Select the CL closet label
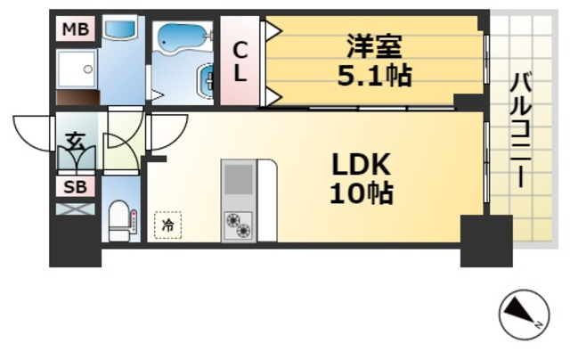pos(239,61)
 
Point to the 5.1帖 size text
pos(374,77)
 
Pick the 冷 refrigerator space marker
pos(167,225)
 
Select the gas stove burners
pos(237,225)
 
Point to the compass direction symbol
pos(522,315)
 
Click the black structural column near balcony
pos(485,241)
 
